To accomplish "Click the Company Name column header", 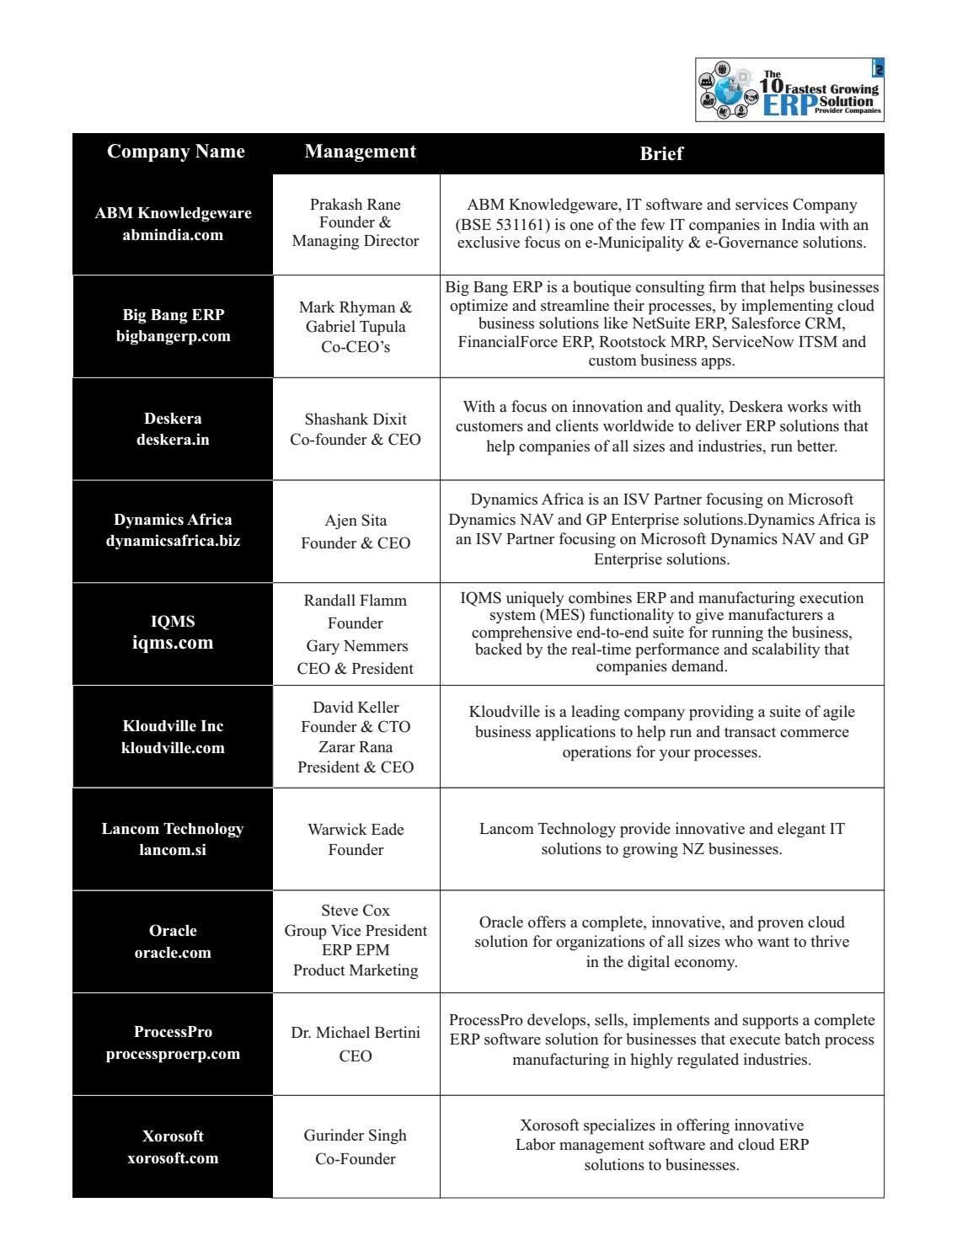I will click(175, 152).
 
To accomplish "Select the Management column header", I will click(360, 152).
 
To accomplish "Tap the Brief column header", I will click(661, 153).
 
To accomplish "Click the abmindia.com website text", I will click(173, 235).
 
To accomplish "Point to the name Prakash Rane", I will click(356, 205).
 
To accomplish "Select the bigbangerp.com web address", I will click(173, 336).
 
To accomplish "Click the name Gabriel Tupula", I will click(356, 327).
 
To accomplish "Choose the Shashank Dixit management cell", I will click(356, 429).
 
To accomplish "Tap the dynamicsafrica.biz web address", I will click(173, 541).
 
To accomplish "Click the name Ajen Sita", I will click(356, 521).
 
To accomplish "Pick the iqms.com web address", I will click(173, 643).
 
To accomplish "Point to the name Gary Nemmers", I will click(356, 646).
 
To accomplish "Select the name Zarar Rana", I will click(356, 747).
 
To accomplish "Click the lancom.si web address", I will click(173, 850).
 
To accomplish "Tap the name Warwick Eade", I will click(356, 830).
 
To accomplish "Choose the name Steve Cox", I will click(356, 911).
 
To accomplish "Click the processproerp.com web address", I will click(173, 1054).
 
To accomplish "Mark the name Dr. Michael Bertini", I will click(356, 1033).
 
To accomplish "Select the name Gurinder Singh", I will click(356, 1136).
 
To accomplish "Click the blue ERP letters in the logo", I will click(789, 105).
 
